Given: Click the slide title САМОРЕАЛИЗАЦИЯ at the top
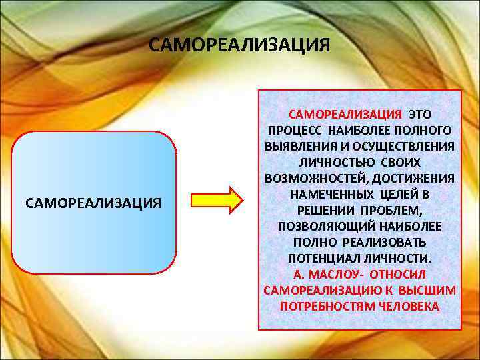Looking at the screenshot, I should coord(239,45).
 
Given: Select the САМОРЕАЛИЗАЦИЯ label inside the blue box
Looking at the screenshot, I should coord(93,202).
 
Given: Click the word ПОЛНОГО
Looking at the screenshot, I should coord(421,130).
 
